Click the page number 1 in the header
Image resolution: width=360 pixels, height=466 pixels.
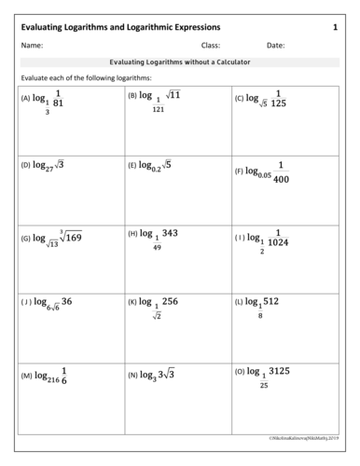click(335, 29)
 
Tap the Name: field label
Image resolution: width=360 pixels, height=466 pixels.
click(32, 45)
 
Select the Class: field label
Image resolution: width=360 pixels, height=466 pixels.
click(210, 45)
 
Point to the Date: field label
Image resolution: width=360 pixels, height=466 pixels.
click(276, 45)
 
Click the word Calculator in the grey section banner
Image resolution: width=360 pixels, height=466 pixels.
click(230, 62)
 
